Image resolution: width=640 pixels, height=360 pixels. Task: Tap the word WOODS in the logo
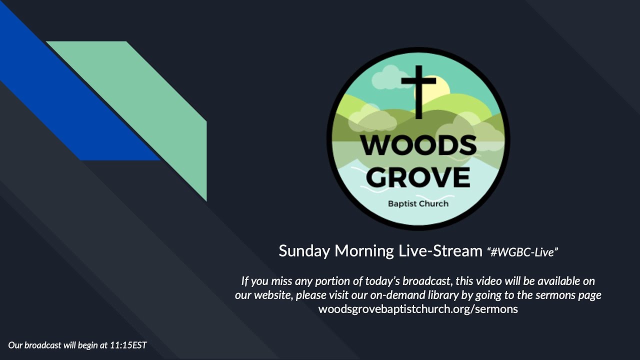418,145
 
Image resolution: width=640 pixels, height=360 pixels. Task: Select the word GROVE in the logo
421,176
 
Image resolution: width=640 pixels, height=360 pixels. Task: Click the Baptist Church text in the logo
418,203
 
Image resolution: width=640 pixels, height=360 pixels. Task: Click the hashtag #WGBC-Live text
522,252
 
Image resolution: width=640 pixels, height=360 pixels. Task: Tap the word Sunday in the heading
304,250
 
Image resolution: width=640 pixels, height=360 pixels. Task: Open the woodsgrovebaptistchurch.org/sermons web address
418,309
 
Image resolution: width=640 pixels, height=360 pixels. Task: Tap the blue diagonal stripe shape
75,100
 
